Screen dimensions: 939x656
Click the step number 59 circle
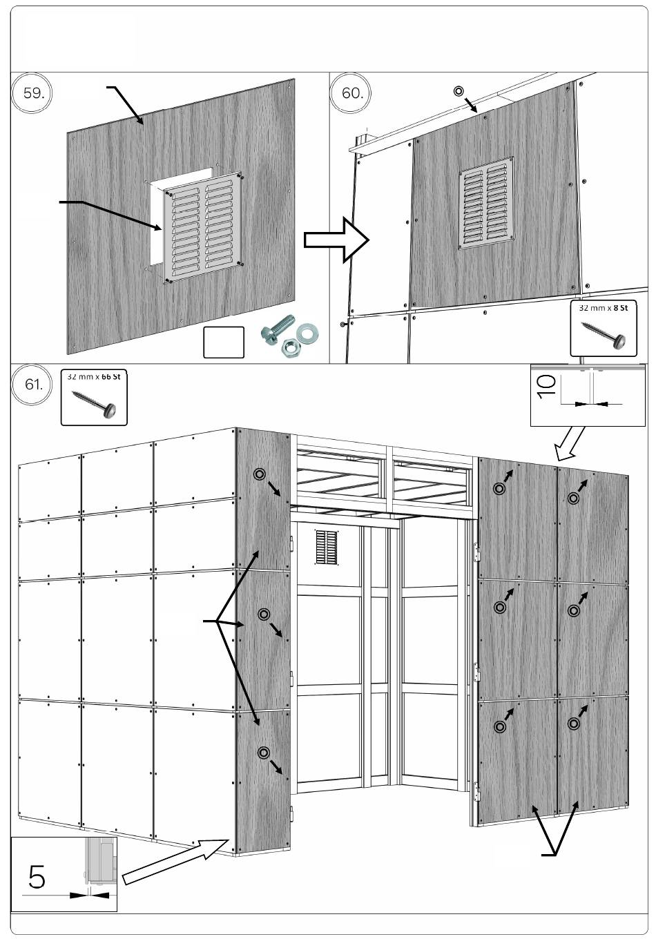[32, 93]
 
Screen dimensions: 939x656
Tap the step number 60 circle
[351, 93]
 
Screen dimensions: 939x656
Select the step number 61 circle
[32, 385]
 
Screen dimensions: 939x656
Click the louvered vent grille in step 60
[487, 203]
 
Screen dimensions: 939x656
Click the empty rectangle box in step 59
[224, 342]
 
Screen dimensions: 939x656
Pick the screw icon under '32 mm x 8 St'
[604, 332]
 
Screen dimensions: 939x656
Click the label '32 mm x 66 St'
[94, 376]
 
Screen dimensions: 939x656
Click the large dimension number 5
[37, 877]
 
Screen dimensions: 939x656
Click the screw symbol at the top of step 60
[458, 91]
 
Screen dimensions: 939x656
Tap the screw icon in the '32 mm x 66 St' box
[95, 402]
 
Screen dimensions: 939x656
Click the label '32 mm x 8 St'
[603, 307]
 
